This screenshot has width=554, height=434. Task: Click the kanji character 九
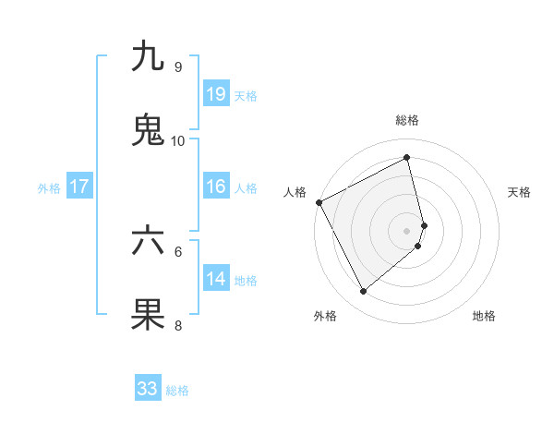(148, 56)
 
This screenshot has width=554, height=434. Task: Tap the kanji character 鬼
(148, 129)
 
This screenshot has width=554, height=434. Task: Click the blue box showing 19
(216, 93)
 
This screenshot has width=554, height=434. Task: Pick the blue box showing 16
(216, 187)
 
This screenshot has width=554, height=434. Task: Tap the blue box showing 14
(216, 278)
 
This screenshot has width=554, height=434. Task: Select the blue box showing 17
(79, 187)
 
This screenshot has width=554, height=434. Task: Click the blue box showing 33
(148, 389)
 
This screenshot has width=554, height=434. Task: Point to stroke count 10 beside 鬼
(178, 141)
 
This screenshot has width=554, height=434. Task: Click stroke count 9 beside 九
(178, 67)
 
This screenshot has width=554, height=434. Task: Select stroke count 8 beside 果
(178, 325)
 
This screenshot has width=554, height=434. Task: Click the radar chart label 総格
(407, 120)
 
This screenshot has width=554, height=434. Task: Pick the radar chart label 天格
(519, 192)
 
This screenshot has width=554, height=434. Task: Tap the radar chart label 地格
(484, 316)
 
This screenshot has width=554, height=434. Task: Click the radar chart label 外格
(325, 316)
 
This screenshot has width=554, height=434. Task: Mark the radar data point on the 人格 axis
(319, 202)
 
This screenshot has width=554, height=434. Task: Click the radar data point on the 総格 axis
(407, 158)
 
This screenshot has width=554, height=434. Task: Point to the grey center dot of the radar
(407, 229)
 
